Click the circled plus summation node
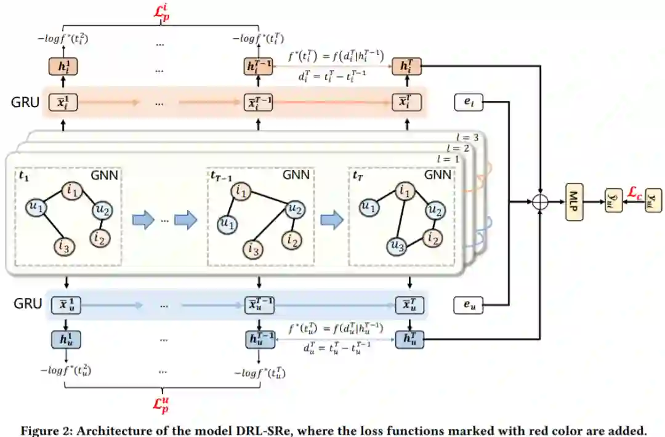click(540, 201)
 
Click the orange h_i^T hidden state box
click(407, 67)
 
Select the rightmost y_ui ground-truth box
click(653, 201)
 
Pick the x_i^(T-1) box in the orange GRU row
click(259, 102)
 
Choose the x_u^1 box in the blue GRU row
click(64, 304)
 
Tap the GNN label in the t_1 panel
click(105, 175)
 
